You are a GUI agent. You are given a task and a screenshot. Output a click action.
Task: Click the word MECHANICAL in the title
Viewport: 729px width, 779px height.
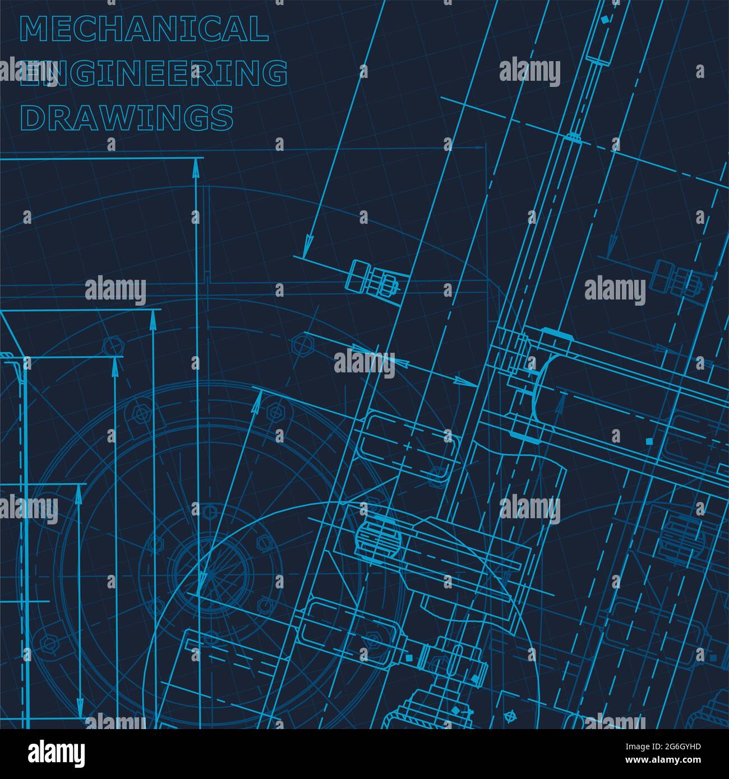144,29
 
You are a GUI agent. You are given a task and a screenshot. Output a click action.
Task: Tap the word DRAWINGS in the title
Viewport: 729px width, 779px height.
127,118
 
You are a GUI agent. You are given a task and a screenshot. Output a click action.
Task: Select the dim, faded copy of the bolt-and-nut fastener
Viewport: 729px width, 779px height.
677,277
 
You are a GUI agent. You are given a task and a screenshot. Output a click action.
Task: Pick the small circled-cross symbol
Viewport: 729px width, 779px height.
510,716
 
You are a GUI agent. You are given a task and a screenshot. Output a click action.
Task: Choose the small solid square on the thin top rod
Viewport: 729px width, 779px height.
604,20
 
